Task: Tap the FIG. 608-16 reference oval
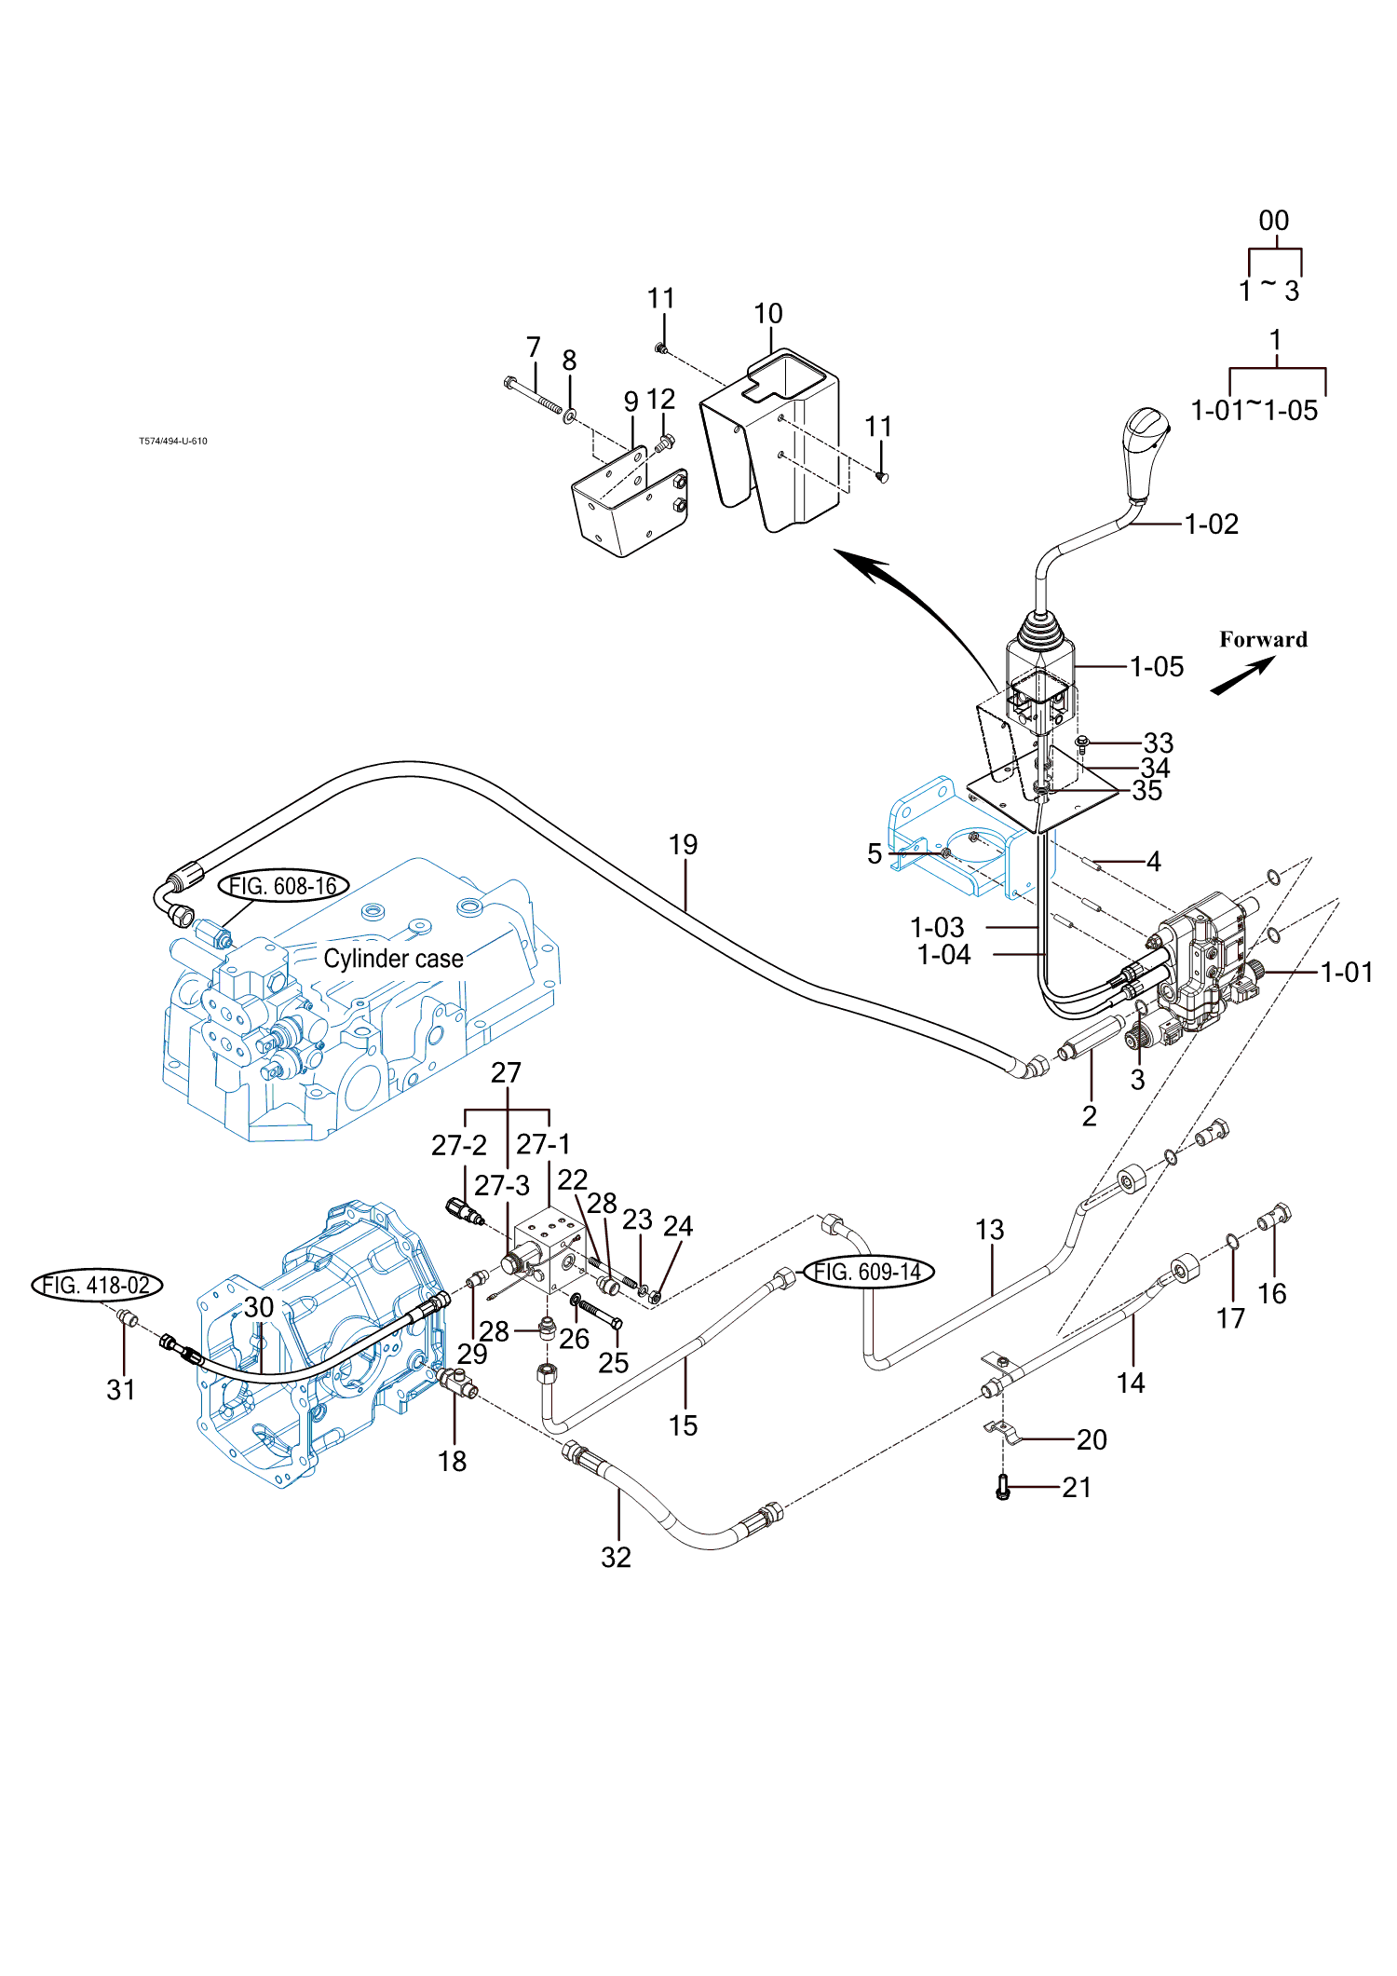coord(283,885)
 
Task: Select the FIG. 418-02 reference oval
coord(97,1286)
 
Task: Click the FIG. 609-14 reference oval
coord(868,1272)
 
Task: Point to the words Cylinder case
coord(393,959)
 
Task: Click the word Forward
coord(1263,639)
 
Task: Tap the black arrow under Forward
coord(1242,676)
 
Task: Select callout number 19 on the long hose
coord(683,845)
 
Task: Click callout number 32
coord(616,1558)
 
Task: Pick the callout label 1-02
coord(1212,525)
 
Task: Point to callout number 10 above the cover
coord(768,314)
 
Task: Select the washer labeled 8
coord(570,412)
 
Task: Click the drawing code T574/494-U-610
coord(173,442)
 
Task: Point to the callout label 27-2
coord(458,1145)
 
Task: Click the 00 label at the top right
coord(1273,221)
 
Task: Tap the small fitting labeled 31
coord(128,1318)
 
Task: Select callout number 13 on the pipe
coord(989,1230)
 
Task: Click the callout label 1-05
coord(1157,667)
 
